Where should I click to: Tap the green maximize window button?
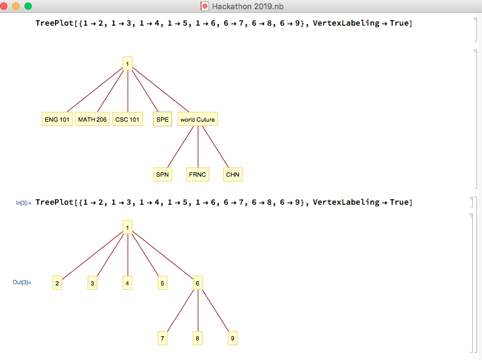click(27, 6)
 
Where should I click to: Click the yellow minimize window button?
click(17, 6)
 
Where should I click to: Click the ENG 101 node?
click(57, 119)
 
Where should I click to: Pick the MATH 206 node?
click(92, 119)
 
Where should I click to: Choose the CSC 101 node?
click(127, 119)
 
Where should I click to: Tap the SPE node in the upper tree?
click(162, 119)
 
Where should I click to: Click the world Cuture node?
click(197, 119)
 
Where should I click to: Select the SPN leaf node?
click(162, 174)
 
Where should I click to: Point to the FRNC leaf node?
click(198, 174)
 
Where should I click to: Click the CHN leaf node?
click(233, 174)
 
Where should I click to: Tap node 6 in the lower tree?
click(197, 283)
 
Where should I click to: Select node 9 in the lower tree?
click(232, 338)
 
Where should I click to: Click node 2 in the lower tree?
click(57, 283)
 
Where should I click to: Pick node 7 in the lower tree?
click(162, 338)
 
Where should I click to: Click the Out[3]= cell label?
click(22, 282)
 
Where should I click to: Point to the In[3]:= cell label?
click(24, 202)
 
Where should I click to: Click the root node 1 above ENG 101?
click(127, 63)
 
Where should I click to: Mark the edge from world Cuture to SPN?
click(180, 147)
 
